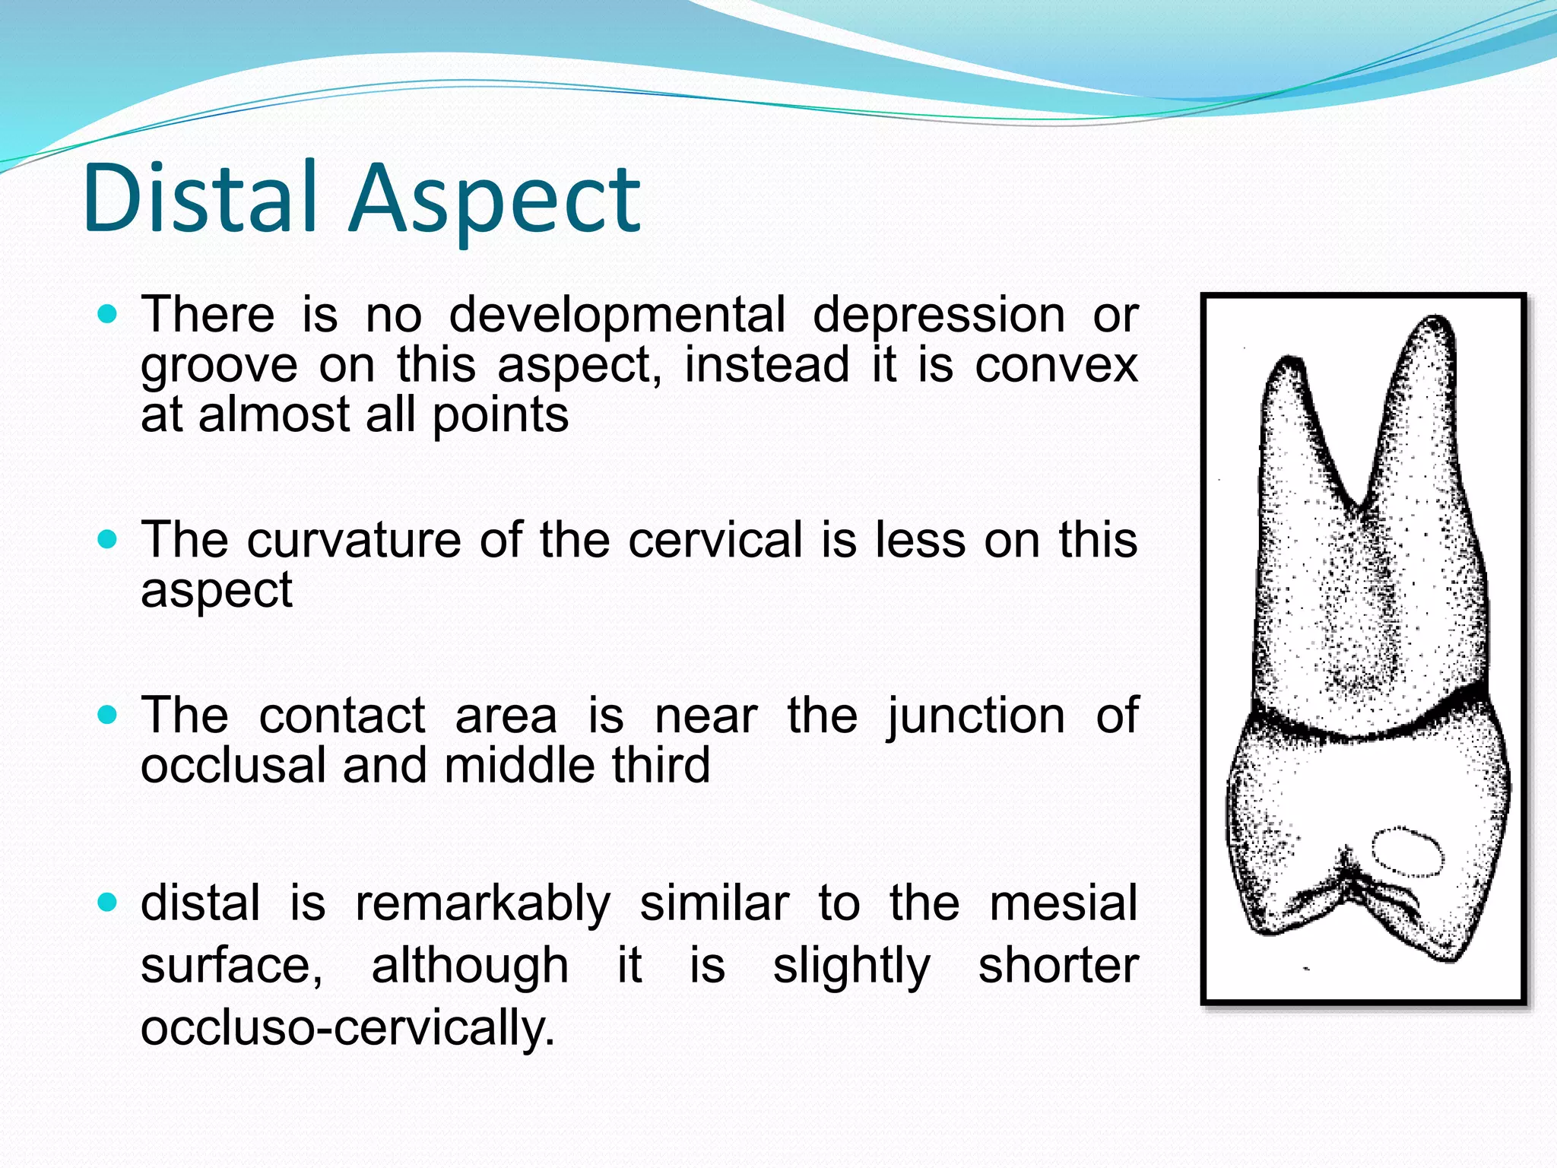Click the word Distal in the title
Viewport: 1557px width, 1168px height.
coord(199,199)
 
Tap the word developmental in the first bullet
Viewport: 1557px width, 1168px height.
coord(617,315)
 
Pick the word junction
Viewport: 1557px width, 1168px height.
coord(975,716)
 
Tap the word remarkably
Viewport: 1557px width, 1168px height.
coord(483,904)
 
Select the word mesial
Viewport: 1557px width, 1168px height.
coord(1063,904)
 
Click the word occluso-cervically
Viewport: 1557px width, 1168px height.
coord(347,1028)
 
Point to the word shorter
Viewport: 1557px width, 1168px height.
coord(1058,966)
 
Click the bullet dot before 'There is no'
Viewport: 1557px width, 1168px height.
coord(108,314)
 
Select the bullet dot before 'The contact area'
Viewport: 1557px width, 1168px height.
coord(108,716)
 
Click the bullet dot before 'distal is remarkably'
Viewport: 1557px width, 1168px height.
coord(108,903)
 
